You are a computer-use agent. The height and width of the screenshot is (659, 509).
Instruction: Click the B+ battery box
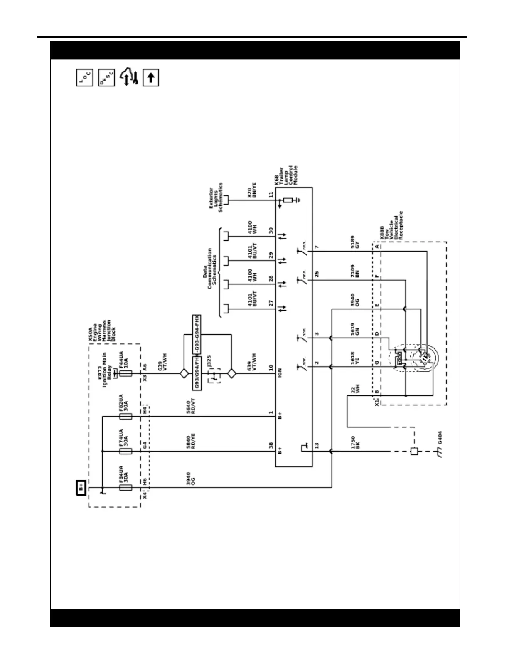tap(81, 487)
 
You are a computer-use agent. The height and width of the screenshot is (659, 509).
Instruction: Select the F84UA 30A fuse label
tap(123, 474)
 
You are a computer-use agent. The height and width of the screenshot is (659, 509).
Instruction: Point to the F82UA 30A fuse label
tap(123, 403)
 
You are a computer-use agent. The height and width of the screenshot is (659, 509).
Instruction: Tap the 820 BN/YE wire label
tap(252, 190)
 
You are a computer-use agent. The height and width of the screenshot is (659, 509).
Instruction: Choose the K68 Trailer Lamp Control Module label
tap(287, 176)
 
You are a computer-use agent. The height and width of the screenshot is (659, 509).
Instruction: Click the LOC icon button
tap(85, 78)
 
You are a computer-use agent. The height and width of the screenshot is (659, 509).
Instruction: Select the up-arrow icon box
tap(151, 78)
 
